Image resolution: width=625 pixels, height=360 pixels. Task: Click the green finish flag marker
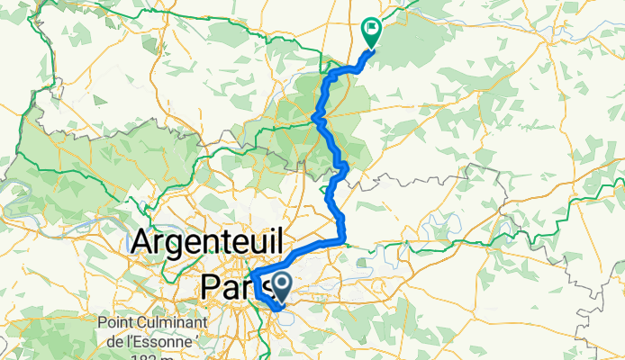(x=370, y=31)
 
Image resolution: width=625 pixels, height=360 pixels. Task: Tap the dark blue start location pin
(x=282, y=288)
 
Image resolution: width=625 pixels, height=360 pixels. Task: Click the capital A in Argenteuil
(x=144, y=241)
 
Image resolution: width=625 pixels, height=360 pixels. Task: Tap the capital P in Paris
(x=210, y=285)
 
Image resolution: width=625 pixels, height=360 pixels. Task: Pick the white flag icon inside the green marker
(x=370, y=29)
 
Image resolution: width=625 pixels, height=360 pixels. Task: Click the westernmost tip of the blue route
(x=250, y=274)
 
